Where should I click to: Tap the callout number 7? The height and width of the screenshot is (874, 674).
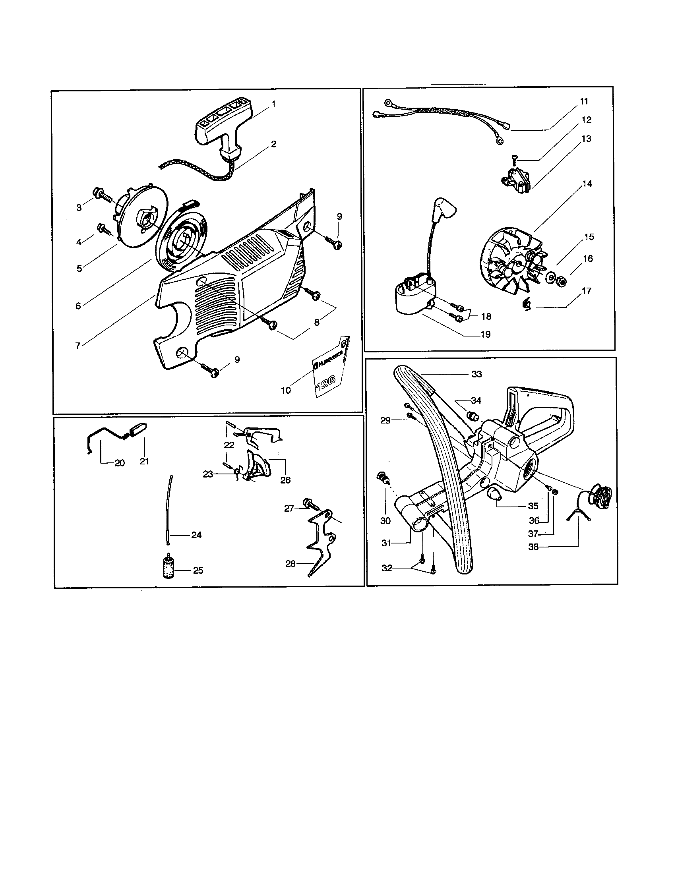[78, 346]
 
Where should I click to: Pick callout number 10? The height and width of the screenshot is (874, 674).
[286, 390]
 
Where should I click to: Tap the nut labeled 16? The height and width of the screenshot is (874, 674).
[562, 282]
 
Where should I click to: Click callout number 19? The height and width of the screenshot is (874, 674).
[485, 335]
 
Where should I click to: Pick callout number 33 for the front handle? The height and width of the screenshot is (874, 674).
[476, 374]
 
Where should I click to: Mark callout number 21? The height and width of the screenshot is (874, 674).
[144, 461]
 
